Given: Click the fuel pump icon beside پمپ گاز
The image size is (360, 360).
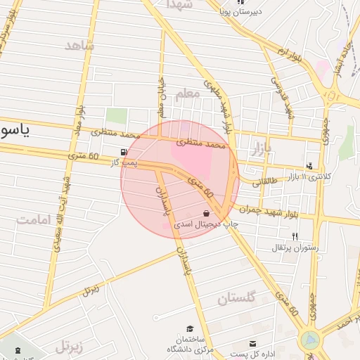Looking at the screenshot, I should (124, 152).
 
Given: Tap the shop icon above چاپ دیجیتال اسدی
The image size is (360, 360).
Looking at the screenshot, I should (206, 213).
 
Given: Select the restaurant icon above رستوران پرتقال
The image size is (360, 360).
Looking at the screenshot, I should (295, 236).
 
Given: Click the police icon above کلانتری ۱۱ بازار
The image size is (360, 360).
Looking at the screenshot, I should (309, 166).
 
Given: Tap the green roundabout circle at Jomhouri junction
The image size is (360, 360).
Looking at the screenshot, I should (309, 341).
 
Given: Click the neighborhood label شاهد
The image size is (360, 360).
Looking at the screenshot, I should (79, 46).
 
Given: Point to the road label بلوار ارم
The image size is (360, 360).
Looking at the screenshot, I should (289, 53).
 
